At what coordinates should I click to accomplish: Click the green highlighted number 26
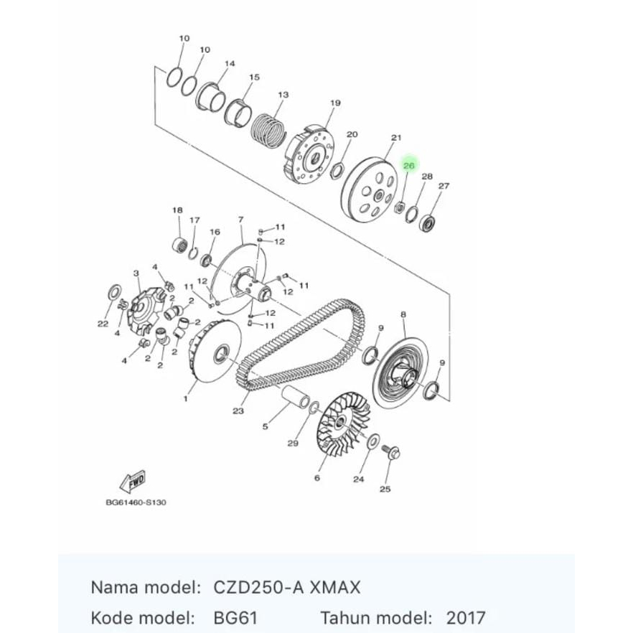click(409, 165)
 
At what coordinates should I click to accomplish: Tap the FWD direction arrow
click(133, 482)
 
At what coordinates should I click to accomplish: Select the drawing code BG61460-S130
click(136, 502)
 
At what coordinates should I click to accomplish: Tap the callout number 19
click(335, 103)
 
